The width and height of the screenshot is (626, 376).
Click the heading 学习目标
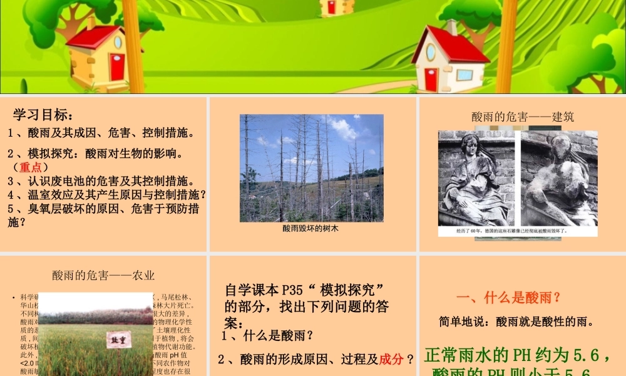click(44, 115)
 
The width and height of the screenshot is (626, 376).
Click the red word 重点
click(30, 167)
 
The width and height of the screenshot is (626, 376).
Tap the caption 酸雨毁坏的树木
click(310, 229)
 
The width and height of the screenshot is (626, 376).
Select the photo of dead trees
click(311, 167)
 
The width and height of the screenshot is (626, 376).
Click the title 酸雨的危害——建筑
click(523, 117)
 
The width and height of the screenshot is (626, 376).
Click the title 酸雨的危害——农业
click(103, 275)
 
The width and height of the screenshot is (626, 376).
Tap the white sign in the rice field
click(119, 339)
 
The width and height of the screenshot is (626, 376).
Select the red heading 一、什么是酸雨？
click(508, 297)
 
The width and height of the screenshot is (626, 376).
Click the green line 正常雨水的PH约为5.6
click(517, 356)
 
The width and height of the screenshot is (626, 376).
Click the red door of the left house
click(117, 66)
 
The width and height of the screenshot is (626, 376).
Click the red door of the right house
click(431, 79)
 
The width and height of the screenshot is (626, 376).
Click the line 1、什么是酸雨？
click(267, 335)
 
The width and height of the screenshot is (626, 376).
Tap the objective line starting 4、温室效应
click(106, 194)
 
